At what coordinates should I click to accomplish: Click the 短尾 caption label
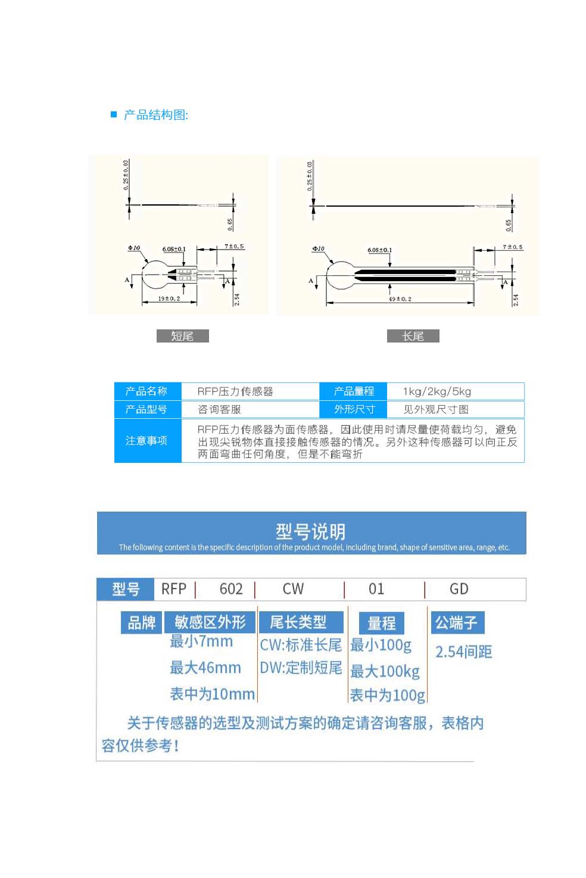coord(182,336)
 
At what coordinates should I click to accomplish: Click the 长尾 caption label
coord(413,336)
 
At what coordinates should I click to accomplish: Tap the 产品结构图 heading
coord(155,115)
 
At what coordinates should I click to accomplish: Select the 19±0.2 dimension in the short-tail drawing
coord(169,298)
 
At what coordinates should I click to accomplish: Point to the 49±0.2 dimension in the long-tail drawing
coord(400,299)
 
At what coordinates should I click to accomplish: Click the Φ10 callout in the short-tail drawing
coord(134,248)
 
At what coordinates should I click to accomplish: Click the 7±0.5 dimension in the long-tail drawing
coord(512,247)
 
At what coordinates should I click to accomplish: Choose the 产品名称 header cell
coord(146,391)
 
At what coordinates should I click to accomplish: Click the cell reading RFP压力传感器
coord(235,391)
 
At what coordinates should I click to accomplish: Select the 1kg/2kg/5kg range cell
coord(437,391)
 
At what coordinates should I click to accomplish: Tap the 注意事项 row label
coord(146,441)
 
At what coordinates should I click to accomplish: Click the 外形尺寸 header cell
coord(354,409)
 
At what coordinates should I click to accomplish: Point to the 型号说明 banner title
coord(310,531)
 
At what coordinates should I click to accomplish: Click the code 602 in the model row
coord(231,589)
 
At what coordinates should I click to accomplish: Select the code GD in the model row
coord(459,589)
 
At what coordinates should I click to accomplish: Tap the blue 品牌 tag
coord(142,622)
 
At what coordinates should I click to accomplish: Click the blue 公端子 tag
coord(457,622)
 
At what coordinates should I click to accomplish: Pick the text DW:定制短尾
coord(301,668)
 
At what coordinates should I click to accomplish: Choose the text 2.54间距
coord(463,652)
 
